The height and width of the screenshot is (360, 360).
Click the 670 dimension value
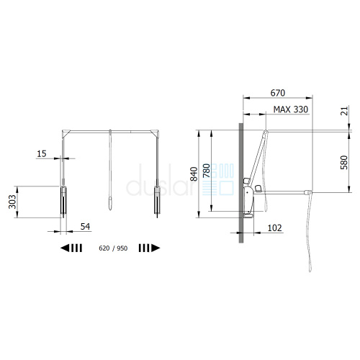tap(278, 93)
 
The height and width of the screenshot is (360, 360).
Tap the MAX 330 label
tap(291, 109)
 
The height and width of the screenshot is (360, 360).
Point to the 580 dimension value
tap(344, 163)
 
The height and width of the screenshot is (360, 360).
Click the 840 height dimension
tap(194, 174)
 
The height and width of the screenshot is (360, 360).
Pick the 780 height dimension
tap(207, 171)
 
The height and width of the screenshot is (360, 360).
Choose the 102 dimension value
tap(274, 228)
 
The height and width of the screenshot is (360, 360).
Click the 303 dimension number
tap(12, 202)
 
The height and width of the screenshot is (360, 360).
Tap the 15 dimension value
tap(42, 154)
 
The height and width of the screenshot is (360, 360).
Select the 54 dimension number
tap(85, 227)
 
